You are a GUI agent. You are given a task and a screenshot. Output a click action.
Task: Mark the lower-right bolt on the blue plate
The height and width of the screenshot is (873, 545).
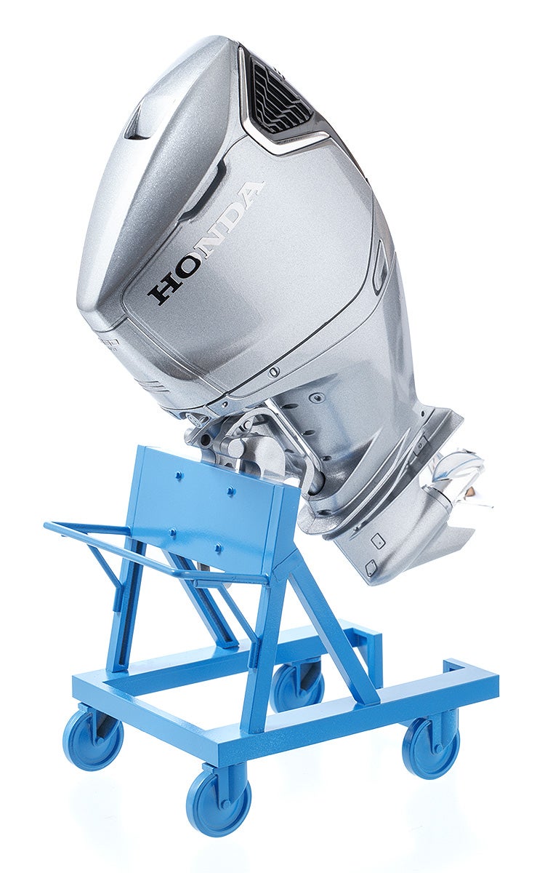[217, 548]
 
